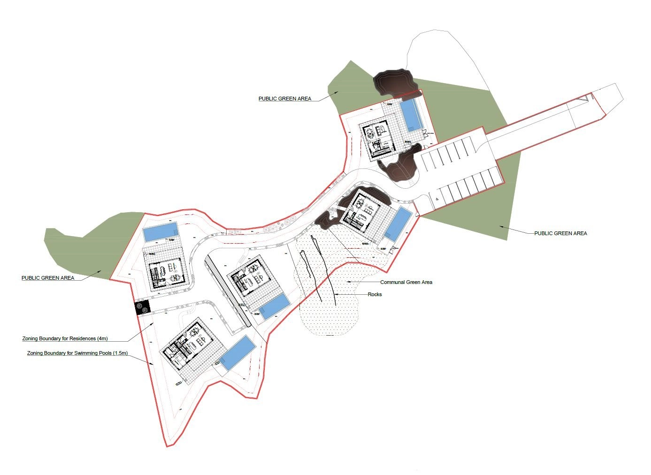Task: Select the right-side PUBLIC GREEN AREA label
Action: (560, 233)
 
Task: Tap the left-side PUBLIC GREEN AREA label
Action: (48, 278)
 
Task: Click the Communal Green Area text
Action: (406, 283)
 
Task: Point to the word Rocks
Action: (375, 295)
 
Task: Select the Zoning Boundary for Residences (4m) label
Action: (65, 338)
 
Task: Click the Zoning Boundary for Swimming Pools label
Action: (77, 353)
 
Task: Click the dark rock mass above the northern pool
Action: (395, 82)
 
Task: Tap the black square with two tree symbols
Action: (142, 307)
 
